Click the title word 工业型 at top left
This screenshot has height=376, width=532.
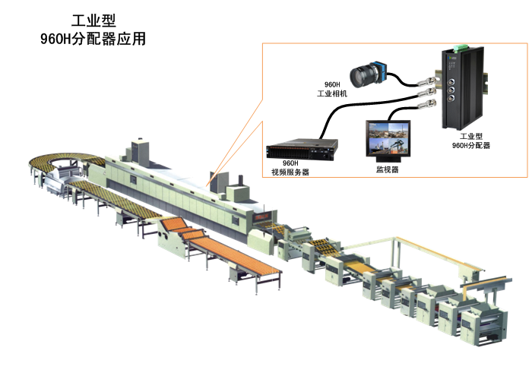point(92,21)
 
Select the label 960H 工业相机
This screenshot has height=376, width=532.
point(332,89)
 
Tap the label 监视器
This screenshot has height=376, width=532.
point(388,169)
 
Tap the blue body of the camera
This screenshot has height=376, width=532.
point(384,71)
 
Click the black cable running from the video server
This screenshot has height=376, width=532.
point(334,114)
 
